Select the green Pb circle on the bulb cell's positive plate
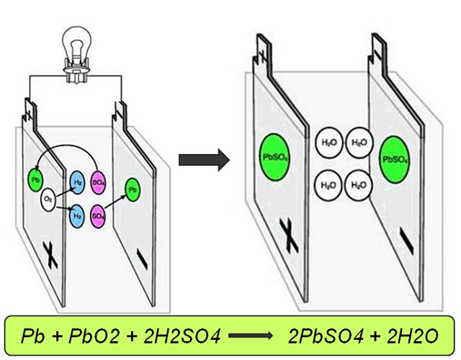pos(35,178)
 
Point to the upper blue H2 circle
pos(78,183)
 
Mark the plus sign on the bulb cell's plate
pos(50,253)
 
